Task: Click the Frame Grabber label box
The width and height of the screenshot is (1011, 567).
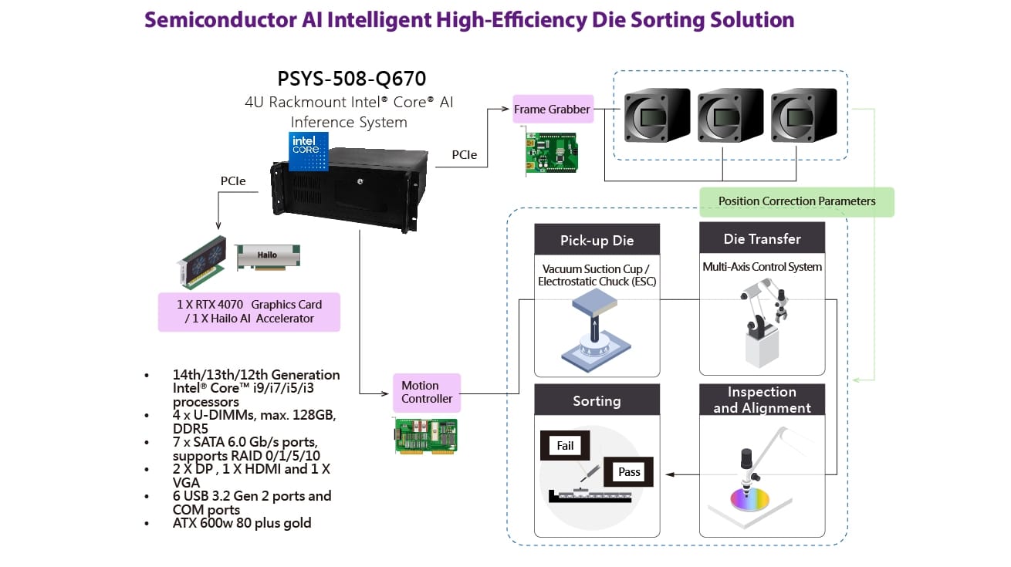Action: (553, 110)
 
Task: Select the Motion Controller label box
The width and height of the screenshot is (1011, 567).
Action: (427, 392)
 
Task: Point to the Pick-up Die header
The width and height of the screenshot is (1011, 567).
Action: (597, 240)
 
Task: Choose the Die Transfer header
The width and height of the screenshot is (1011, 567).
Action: (762, 238)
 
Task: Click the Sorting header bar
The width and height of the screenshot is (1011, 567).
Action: (597, 400)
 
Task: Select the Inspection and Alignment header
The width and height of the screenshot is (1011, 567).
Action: (762, 400)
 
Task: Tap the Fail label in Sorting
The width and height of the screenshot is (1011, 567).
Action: (565, 445)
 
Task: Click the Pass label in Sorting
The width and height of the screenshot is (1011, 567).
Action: (629, 471)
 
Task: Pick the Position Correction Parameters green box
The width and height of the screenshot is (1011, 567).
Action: (796, 201)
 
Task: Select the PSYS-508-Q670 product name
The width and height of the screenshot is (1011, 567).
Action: (351, 79)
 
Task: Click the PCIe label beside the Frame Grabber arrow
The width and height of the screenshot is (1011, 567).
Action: (464, 155)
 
